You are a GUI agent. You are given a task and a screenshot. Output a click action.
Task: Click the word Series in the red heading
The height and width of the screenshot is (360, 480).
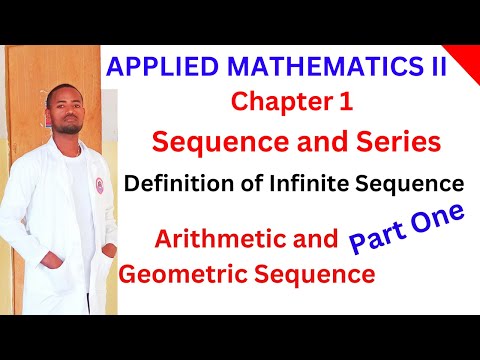click(398, 143)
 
